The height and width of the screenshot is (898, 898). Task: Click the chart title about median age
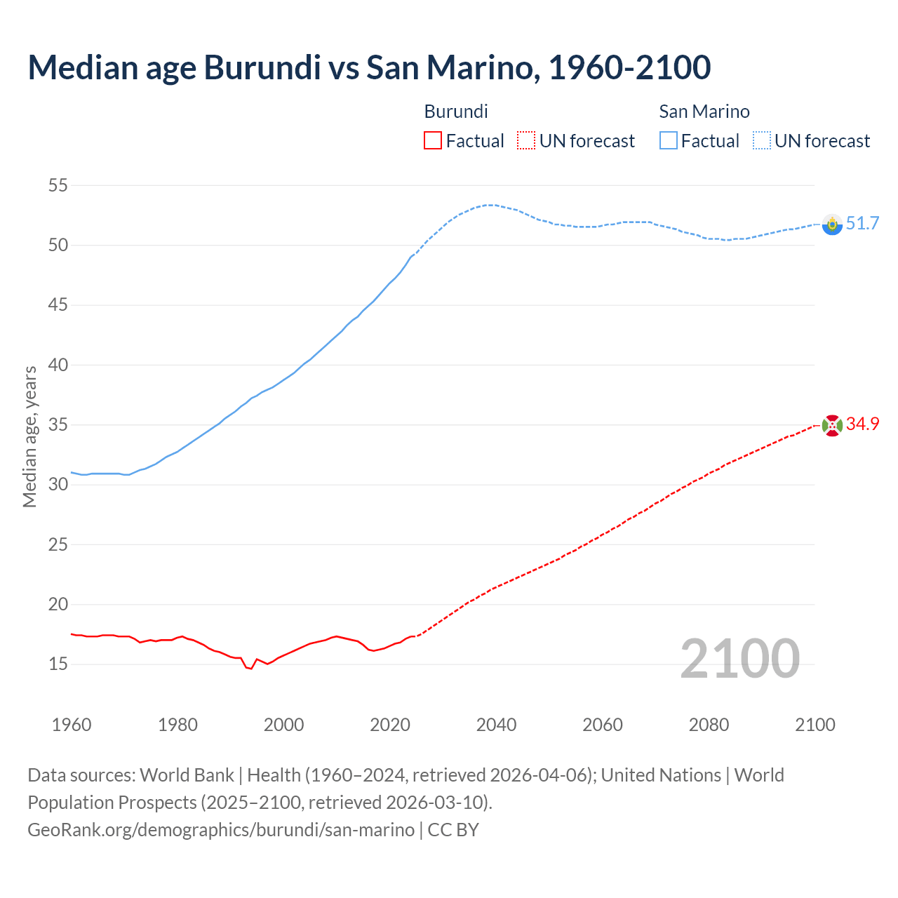pyautogui.click(x=369, y=67)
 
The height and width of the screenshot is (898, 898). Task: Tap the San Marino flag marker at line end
pyautogui.click(x=832, y=224)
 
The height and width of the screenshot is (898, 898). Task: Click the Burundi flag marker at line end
pyautogui.click(x=832, y=425)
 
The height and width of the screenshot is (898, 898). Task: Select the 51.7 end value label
pyautogui.click(x=862, y=224)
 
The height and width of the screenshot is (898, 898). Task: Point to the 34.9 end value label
pyautogui.click(x=862, y=424)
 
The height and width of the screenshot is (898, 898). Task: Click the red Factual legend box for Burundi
pyautogui.click(x=433, y=141)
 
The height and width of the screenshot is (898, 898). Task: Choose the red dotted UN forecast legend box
pyautogui.click(x=526, y=141)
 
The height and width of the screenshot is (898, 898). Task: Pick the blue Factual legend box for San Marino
pyautogui.click(x=669, y=141)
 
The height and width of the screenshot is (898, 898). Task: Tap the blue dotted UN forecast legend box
pyautogui.click(x=762, y=141)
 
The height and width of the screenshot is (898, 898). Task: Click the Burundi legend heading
pyautogui.click(x=456, y=112)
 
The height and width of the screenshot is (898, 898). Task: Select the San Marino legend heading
pyautogui.click(x=704, y=112)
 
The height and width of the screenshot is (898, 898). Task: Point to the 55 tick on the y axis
pyautogui.click(x=58, y=186)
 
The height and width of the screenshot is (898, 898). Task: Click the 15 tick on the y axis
pyautogui.click(x=58, y=664)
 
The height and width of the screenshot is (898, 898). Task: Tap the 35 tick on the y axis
pyautogui.click(x=58, y=425)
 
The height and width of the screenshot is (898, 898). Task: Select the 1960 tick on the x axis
pyautogui.click(x=72, y=725)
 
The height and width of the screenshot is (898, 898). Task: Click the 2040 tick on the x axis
pyautogui.click(x=496, y=725)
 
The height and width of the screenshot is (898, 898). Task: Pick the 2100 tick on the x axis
pyautogui.click(x=815, y=725)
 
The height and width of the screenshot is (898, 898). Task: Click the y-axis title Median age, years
pyautogui.click(x=29, y=436)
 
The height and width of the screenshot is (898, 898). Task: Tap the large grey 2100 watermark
pyautogui.click(x=739, y=659)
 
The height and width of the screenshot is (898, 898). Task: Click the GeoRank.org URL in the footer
pyautogui.click(x=221, y=830)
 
